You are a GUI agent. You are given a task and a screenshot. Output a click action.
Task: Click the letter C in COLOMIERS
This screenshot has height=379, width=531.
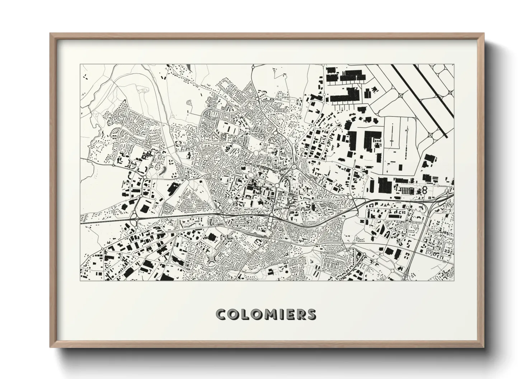(222, 314)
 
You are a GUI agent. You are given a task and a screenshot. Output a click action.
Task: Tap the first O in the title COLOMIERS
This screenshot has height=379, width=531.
(234, 314)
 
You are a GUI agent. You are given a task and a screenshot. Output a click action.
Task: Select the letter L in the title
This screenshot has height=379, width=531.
(244, 314)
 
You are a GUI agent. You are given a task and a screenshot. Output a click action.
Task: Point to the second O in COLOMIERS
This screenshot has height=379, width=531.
(255, 314)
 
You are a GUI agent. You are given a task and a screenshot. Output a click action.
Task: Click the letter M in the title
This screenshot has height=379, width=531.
(269, 314)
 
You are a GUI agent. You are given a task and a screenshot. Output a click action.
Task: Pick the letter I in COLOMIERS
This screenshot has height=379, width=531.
(279, 314)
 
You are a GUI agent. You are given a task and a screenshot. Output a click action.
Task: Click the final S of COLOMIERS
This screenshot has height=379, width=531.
(310, 314)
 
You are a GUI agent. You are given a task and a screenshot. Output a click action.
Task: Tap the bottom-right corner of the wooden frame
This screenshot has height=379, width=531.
(484, 347)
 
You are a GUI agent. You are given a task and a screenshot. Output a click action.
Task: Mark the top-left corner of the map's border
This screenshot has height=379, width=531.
(80, 64)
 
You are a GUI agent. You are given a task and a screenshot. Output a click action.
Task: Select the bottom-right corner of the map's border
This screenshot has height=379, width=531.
(454, 280)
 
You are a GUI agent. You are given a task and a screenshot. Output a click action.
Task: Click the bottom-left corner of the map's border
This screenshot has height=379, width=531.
(80, 280)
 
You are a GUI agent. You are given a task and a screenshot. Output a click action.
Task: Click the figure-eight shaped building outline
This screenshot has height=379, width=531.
(424, 189)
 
